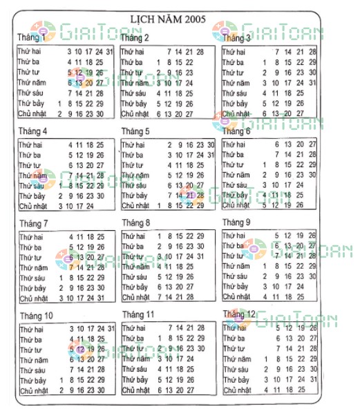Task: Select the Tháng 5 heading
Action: click(x=135, y=131)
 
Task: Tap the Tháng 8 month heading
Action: click(x=135, y=223)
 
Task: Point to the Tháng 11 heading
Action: click(x=138, y=314)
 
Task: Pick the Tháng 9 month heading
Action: click(x=236, y=223)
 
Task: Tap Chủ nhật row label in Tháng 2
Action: click(x=135, y=114)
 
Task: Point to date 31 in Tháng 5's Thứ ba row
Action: click(x=211, y=155)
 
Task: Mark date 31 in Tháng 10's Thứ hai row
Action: click(x=111, y=328)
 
